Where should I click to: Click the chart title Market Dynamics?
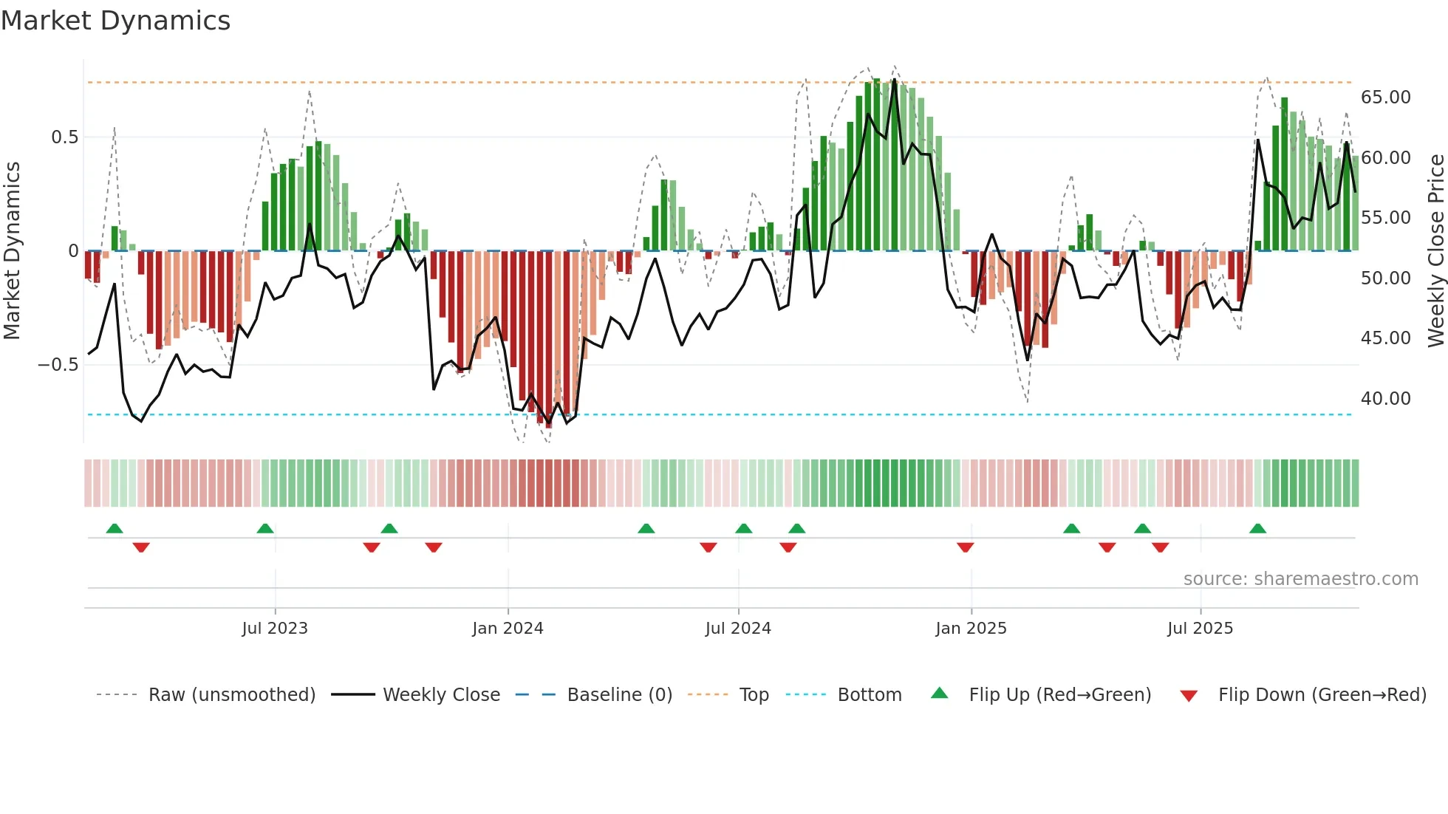(x=115, y=21)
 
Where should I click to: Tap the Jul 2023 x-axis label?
(x=274, y=629)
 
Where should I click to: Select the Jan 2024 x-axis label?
(x=508, y=629)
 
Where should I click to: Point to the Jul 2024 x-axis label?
(x=738, y=629)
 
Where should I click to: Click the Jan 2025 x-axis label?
(x=971, y=629)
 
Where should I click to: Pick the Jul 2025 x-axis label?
(x=1200, y=629)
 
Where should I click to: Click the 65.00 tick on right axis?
(x=1385, y=98)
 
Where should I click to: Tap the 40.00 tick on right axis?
(x=1385, y=399)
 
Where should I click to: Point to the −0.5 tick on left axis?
(x=58, y=365)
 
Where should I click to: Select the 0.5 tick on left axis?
(x=64, y=137)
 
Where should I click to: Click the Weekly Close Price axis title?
(x=1435, y=250)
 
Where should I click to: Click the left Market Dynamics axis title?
(x=12, y=250)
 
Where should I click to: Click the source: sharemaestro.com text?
(x=1300, y=579)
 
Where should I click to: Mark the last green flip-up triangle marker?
(x=1257, y=528)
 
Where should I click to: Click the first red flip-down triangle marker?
(x=141, y=547)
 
